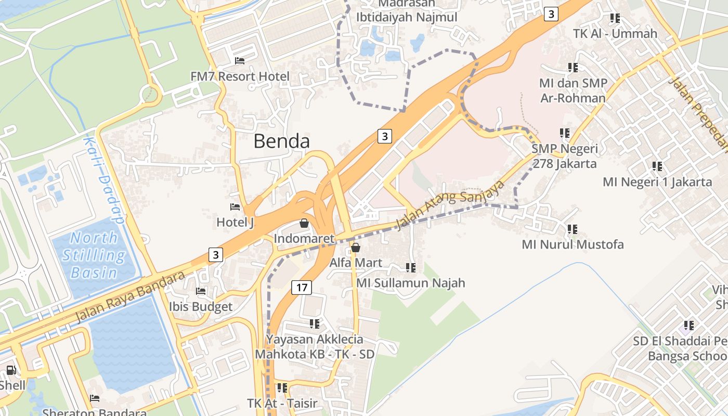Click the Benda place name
pos(281,141)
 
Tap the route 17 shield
pos(301,287)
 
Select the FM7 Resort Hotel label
pos(240,76)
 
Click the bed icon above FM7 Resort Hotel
pos(240,61)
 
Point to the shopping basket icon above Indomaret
pos(304,223)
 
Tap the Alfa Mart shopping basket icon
pos(356,248)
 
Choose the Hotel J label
pos(235,223)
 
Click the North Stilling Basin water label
pos(94,255)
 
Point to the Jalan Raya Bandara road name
pos(130,296)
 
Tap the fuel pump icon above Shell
pos(10,370)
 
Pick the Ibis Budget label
pos(201,307)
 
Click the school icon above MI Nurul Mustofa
pos(573,229)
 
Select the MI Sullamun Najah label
pos(410,283)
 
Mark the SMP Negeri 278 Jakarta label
pos(564,156)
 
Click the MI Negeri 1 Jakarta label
pos(657,182)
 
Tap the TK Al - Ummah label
pos(615,34)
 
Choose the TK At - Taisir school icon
pos(282,387)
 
